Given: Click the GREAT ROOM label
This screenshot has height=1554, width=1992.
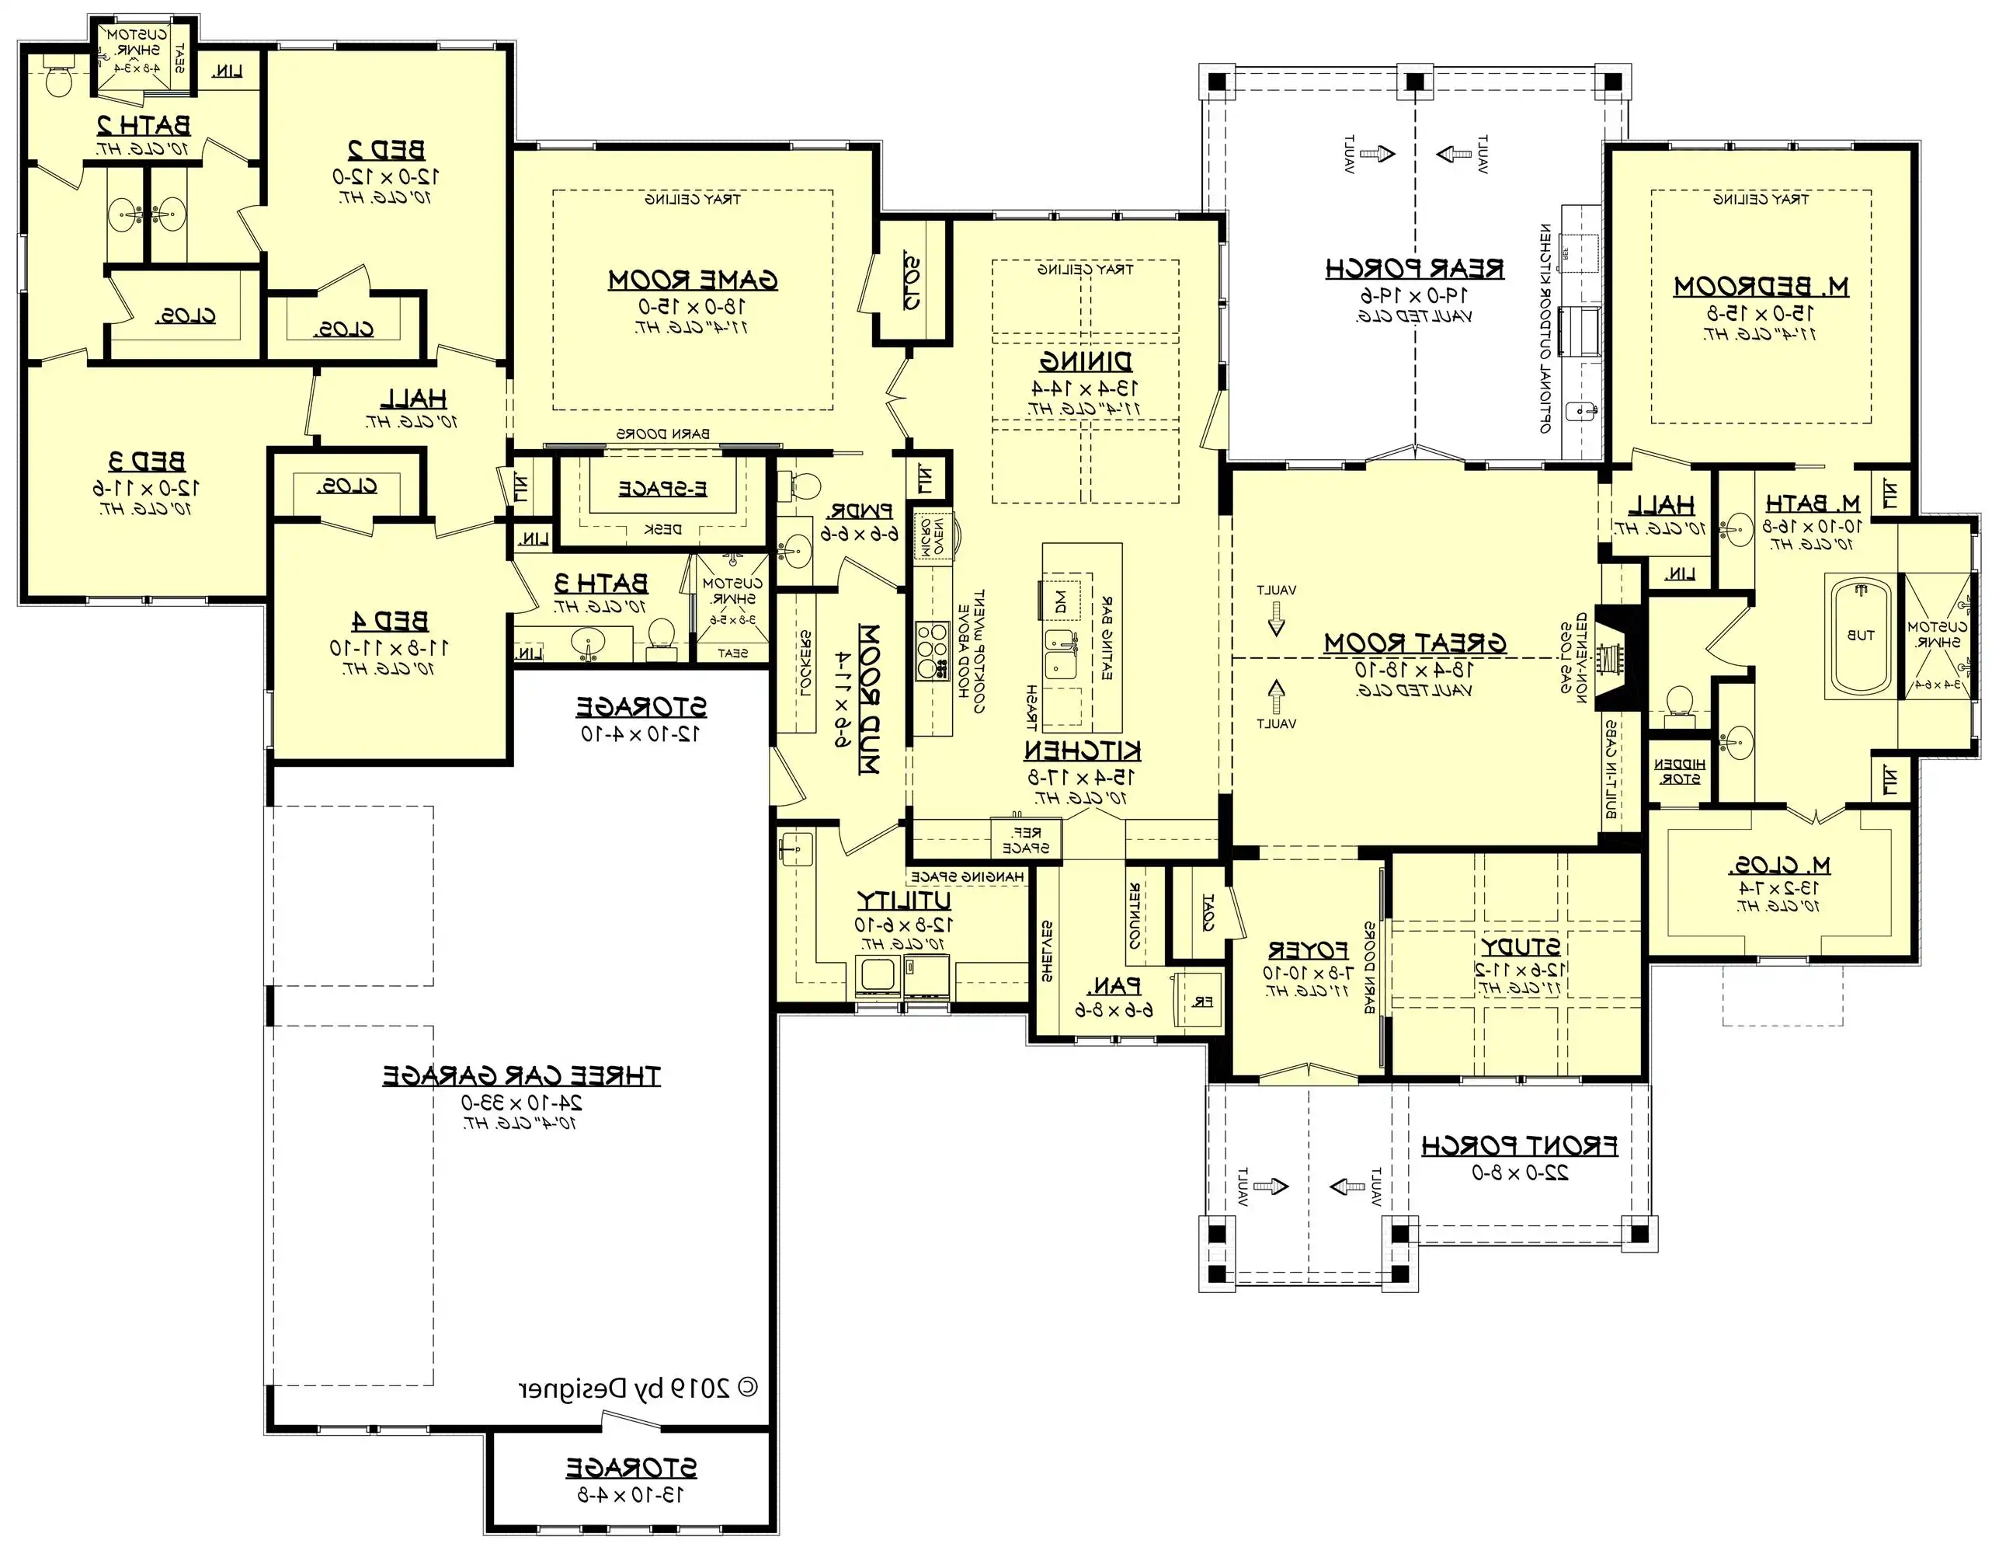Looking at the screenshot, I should pos(1415,643).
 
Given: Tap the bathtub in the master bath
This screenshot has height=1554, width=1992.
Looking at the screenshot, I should pos(1861,636).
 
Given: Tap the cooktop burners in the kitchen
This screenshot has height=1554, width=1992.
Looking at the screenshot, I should pos(932,650).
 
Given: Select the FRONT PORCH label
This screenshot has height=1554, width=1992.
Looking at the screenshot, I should pos(1520,1145).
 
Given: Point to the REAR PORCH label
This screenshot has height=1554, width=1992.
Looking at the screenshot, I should pos(1415,269).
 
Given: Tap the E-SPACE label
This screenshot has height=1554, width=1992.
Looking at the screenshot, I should pos(663,489).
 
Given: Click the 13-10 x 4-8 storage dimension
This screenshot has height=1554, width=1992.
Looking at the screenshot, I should pos(631,1495).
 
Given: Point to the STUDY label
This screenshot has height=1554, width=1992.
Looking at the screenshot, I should pos(1520,946).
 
